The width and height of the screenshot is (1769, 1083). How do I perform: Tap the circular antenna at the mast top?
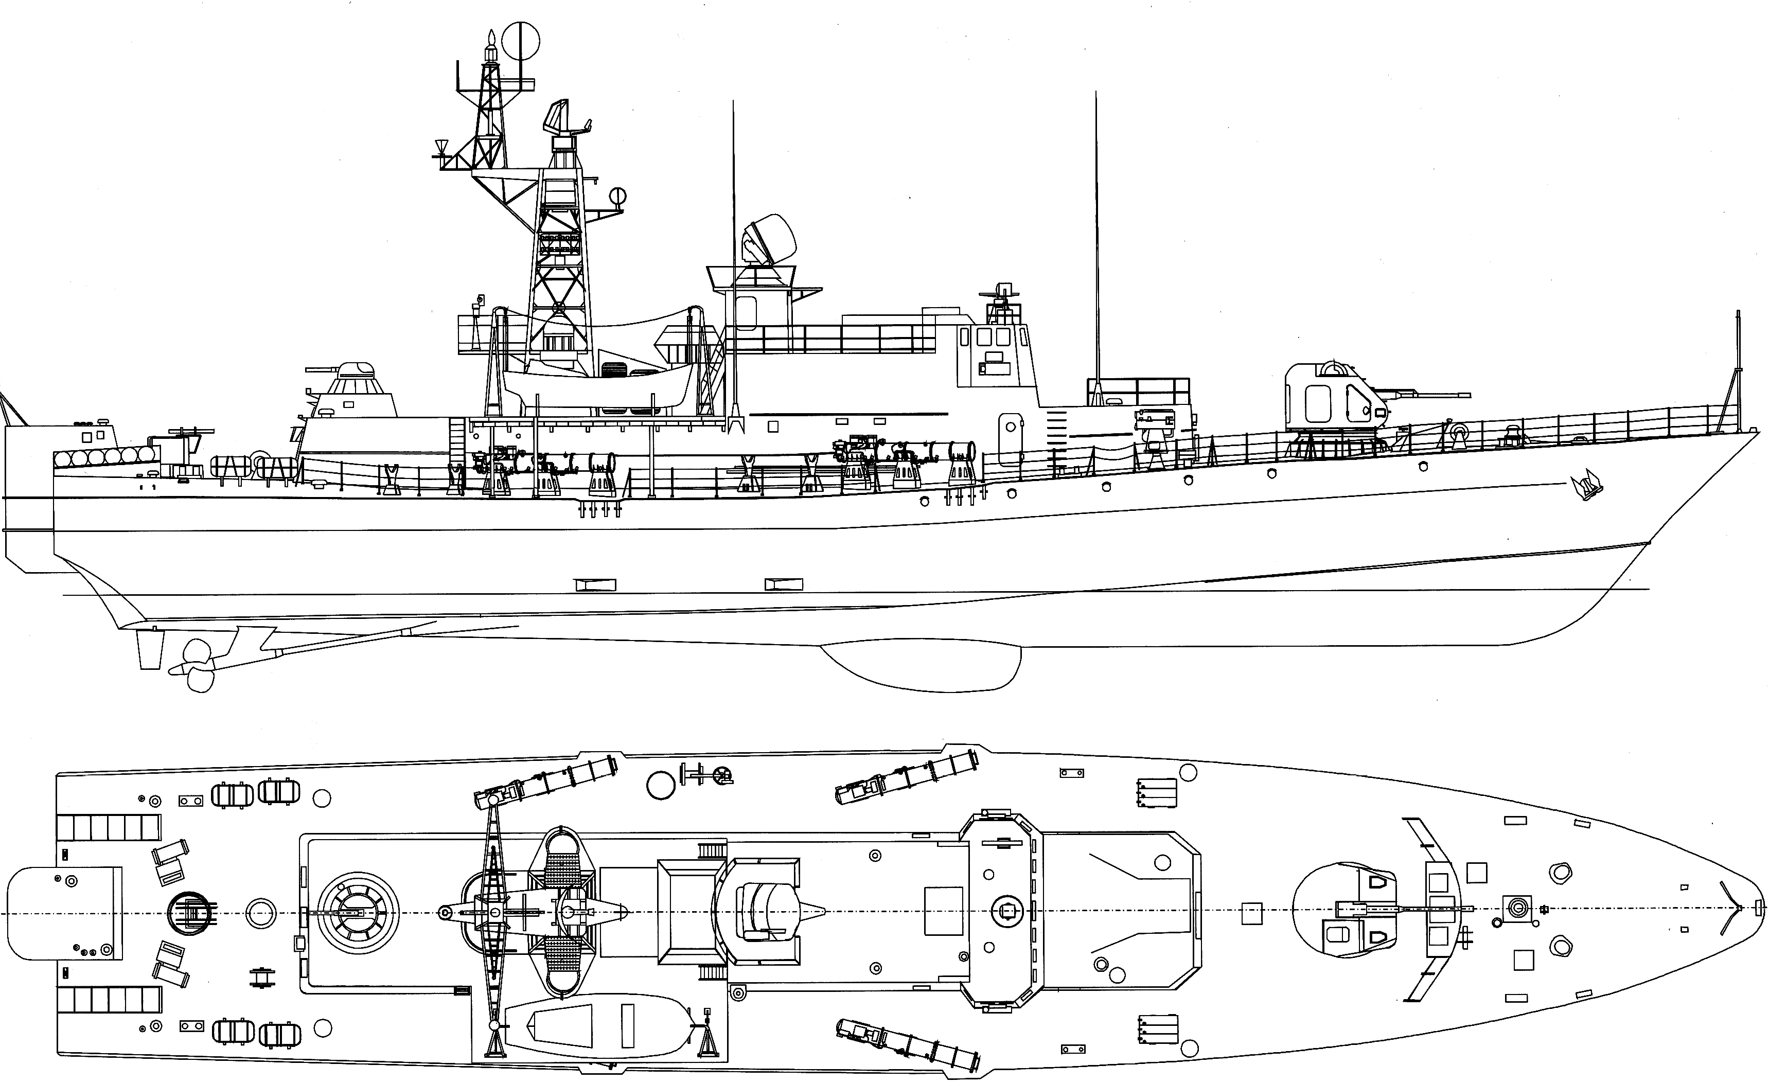(521, 42)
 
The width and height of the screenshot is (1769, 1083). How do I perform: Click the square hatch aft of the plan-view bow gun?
(1251, 913)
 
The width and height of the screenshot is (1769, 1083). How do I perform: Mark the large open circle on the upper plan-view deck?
(661, 785)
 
